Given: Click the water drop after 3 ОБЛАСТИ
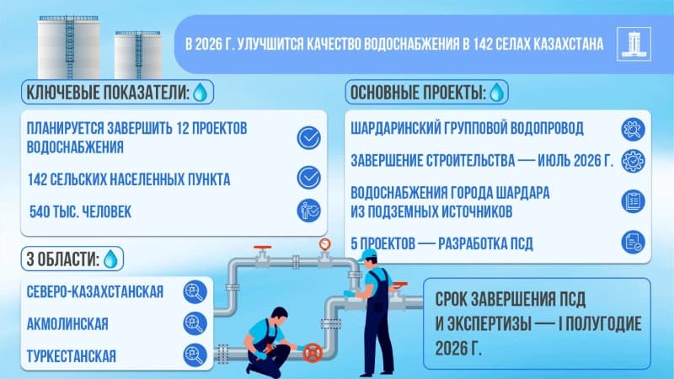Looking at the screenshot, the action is (x=110, y=257).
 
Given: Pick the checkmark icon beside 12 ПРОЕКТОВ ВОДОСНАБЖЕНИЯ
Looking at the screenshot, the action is (x=309, y=137).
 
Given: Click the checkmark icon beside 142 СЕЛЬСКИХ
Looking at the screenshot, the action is (x=309, y=178).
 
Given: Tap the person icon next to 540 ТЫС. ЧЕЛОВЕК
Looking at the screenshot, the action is (x=309, y=211).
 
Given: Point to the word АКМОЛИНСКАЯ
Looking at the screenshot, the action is (x=67, y=323).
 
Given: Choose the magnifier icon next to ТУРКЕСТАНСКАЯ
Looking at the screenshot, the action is (x=195, y=355).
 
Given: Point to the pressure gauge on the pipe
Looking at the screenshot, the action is (x=325, y=244).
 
